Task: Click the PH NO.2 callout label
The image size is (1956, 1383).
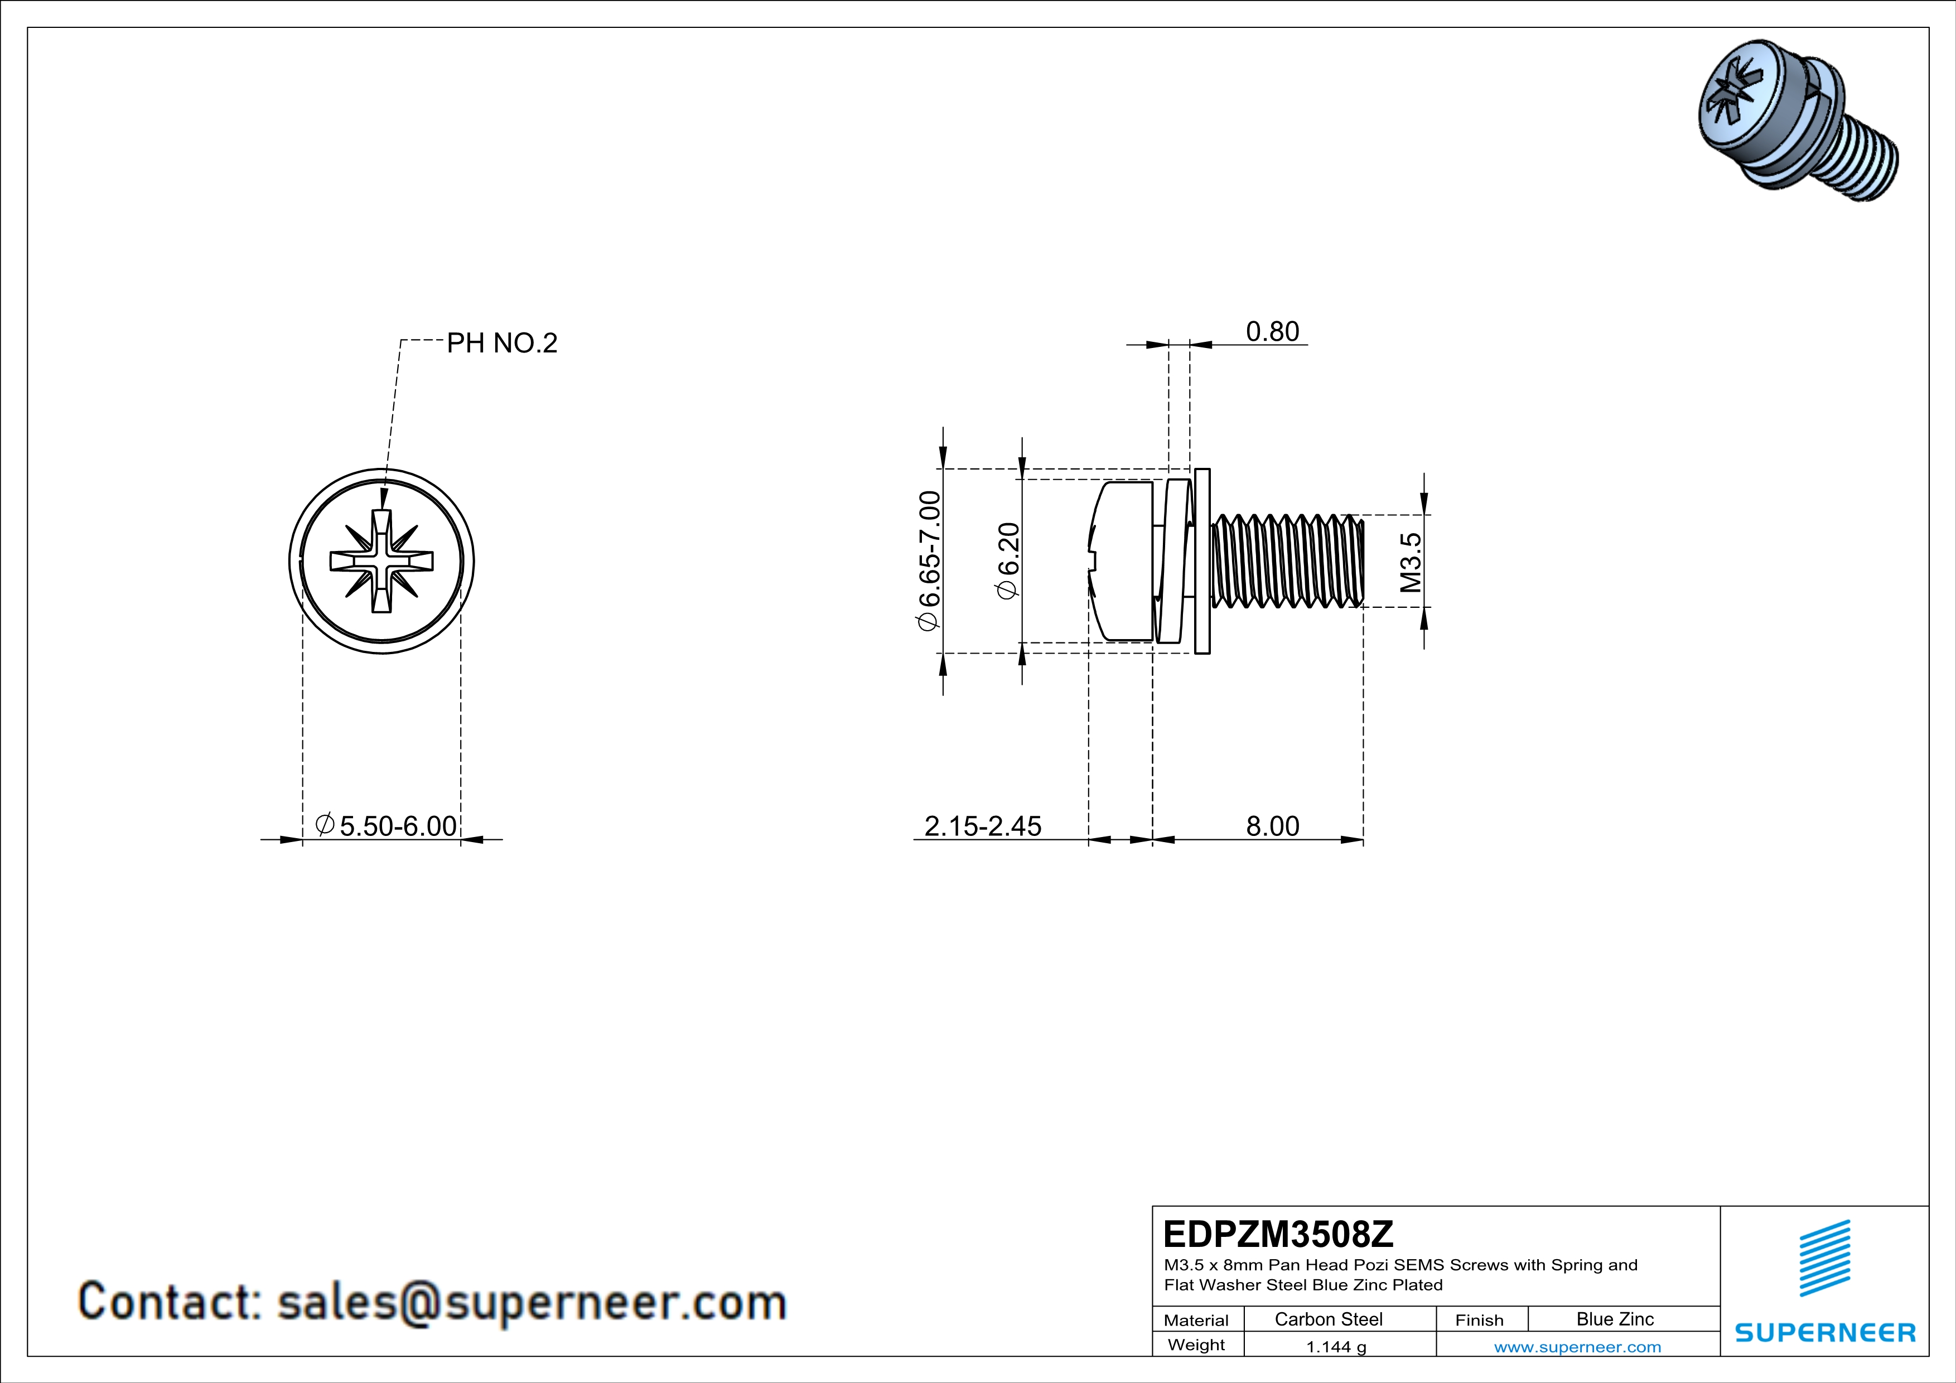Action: click(502, 343)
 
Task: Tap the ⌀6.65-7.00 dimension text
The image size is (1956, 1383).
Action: click(929, 560)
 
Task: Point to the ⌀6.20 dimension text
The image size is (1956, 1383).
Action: click(1008, 560)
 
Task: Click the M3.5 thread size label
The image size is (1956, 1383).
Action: click(1411, 562)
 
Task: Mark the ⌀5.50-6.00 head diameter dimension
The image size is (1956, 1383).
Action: click(386, 825)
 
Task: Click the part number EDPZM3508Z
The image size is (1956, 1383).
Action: click(1278, 1234)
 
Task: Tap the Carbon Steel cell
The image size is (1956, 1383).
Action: click(1328, 1319)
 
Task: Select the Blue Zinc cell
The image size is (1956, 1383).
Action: click(1614, 1319)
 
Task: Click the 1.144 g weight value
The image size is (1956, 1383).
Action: click(1336, 1346)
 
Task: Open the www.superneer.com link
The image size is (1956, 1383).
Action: click(1577, 1346)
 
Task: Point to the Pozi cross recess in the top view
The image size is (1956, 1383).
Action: click(381, 561)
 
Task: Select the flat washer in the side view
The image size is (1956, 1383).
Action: click(1202, 561)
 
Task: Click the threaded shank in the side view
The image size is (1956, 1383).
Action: click(1286, 561)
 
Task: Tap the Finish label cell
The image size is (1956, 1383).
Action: click(1479, 1320)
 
